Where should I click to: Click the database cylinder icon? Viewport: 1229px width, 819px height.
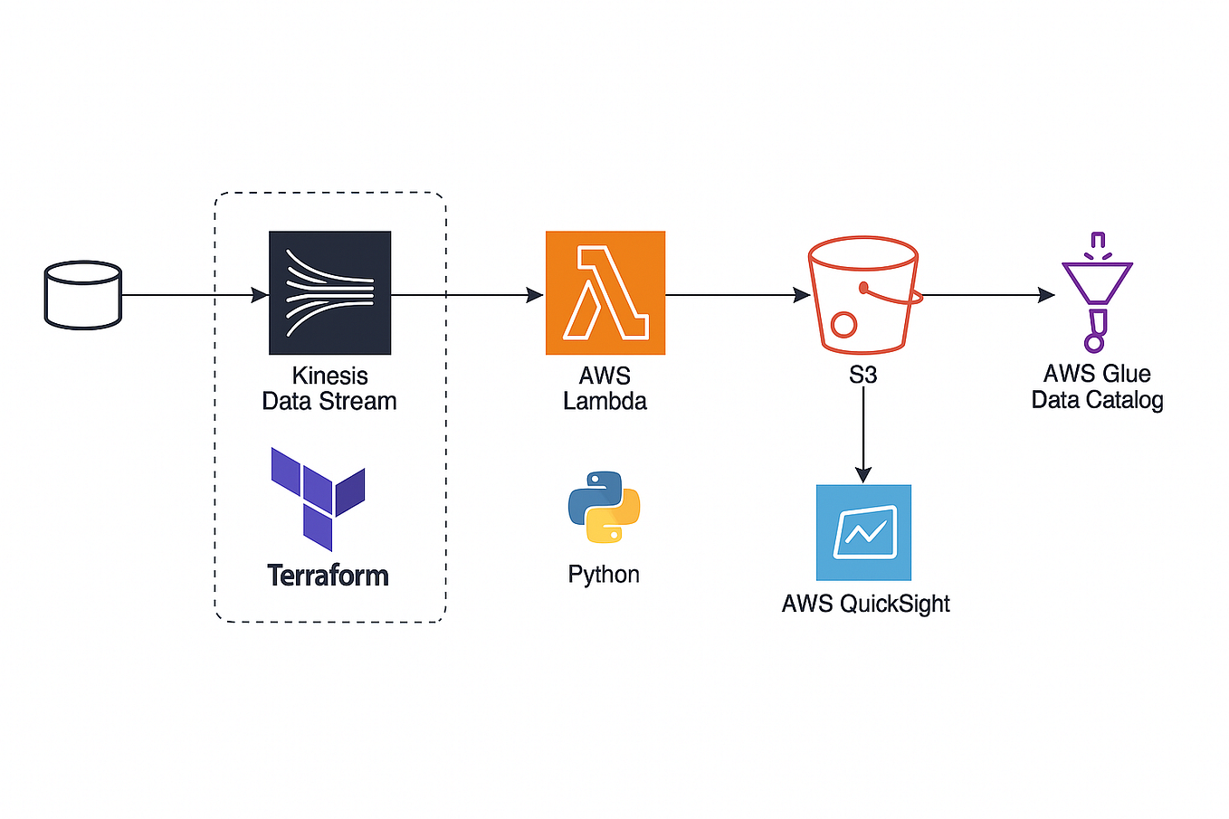(82, 295)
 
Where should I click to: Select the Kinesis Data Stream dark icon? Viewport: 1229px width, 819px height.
(329, 292)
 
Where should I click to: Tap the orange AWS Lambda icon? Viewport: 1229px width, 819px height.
(605, 292)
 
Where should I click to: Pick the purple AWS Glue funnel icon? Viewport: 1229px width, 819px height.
(1096, 291)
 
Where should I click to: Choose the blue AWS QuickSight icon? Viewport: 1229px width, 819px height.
(863, 532)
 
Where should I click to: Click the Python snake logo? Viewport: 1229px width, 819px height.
(604, 507)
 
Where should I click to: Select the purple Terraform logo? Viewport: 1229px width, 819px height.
(318, 498)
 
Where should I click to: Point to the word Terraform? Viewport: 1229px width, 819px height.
(328, 576)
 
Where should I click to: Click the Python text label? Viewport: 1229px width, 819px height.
(604, 575)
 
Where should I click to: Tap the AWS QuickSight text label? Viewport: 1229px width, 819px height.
(865, 604)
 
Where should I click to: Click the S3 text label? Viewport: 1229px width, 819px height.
(862, 375)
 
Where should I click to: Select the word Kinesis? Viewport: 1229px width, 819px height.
(329, 376)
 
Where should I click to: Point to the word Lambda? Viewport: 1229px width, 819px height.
(605, 401)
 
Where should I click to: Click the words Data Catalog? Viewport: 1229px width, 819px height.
(1097, 400)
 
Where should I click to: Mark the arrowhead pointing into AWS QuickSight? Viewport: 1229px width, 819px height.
(863, 475)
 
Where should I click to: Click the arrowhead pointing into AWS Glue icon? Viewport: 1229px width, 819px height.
(1046, 295)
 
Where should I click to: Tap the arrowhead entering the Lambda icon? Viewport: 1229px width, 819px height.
(535, 295)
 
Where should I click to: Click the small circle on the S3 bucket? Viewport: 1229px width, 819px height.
(843, 324)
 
